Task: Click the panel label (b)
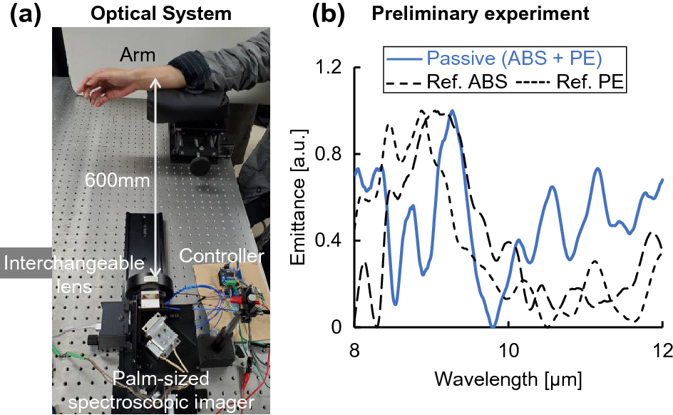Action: tap(331, 14)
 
